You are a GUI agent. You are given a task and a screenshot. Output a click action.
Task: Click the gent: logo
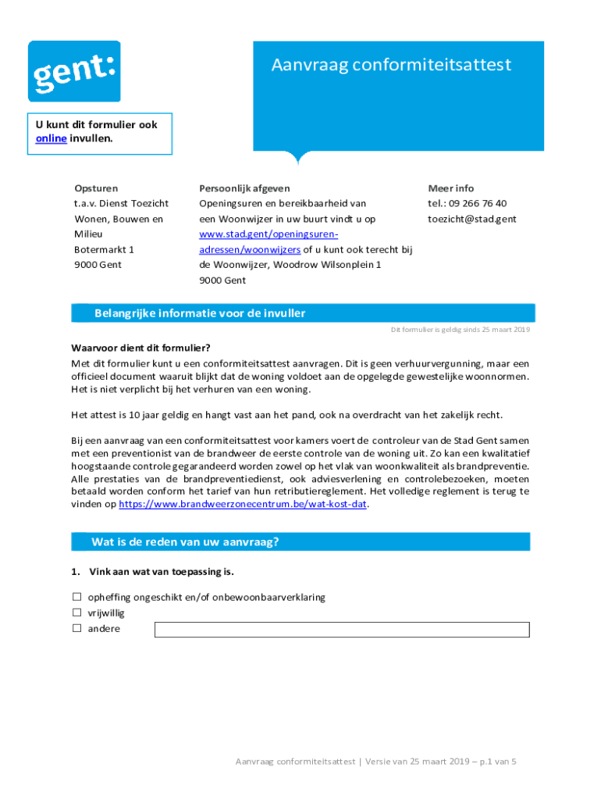74,71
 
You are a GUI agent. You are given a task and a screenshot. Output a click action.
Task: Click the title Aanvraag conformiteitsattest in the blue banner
391,65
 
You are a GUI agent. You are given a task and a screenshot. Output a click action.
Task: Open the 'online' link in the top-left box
51,138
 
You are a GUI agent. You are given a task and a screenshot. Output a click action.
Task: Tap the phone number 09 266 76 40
478,204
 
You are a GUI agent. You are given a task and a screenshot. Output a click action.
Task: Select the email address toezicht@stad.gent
471,220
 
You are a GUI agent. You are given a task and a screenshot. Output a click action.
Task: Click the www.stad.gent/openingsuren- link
268,234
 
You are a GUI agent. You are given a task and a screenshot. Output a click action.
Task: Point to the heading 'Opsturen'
96,188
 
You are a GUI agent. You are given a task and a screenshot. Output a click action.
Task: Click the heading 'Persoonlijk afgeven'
244,188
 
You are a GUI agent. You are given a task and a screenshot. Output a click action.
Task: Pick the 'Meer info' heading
450,188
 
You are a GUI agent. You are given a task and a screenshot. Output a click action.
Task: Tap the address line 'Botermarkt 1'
104,250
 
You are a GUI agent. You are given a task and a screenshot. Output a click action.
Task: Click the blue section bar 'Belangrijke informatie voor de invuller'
303,313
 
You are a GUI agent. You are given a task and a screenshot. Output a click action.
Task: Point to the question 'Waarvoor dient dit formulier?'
141,348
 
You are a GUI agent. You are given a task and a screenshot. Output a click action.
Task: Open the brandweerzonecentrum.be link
243,505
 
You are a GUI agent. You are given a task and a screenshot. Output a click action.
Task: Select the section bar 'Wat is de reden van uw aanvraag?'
300,541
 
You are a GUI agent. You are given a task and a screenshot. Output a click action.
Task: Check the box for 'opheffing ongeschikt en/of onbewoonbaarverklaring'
77,598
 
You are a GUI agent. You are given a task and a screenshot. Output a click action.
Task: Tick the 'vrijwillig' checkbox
77,613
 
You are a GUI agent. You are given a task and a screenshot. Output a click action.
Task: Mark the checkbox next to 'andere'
77,628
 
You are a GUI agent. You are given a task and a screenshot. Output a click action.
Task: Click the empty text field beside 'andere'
342,630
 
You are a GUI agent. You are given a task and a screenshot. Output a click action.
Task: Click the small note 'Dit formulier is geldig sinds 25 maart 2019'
460,330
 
